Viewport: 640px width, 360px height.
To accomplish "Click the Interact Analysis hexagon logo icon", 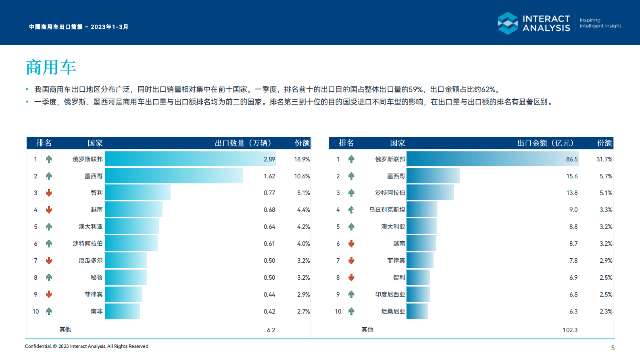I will click(507, 23).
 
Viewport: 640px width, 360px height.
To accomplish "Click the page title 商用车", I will click(51, 67).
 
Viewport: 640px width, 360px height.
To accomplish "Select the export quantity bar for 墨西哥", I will click(173, 176).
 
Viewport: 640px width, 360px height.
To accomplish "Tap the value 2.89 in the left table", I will click(269, 159).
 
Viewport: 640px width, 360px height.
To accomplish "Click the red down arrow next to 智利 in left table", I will click(49, 193).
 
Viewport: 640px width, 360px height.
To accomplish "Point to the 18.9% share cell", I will click(302, 159).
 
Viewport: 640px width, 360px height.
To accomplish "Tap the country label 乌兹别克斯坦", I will click(387, 210).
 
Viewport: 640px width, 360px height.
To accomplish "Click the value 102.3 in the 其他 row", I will click(570, 330).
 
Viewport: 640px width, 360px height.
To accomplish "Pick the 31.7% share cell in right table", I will click(604, 159).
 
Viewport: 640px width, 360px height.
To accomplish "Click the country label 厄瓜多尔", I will click(90, 261).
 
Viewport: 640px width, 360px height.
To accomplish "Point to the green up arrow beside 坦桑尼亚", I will click(351, 311).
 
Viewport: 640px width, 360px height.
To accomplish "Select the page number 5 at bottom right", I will click(613, 348).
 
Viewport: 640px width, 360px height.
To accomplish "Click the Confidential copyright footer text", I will click(87, 346).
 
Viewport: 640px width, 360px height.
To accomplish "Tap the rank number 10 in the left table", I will click(35, 312).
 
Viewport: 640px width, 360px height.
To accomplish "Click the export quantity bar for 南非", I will click(122, 311).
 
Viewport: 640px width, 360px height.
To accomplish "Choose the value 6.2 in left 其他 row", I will click(271, 330).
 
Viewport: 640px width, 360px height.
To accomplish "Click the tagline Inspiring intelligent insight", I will click(600, 23).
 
